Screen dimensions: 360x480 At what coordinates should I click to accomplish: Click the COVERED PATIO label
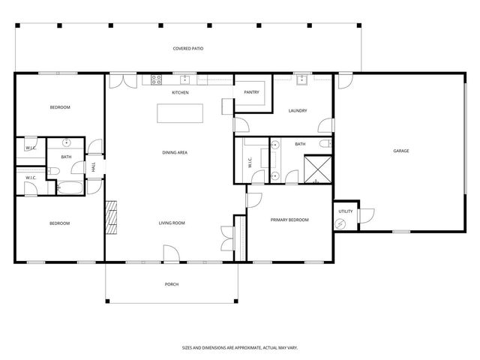[188, 49]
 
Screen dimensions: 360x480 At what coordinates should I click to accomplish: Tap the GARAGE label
[400, 151]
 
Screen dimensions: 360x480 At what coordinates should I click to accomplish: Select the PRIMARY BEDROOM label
[289, 220]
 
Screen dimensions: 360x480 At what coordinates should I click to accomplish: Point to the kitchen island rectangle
[180, 112]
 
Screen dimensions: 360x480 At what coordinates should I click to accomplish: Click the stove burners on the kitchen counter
[157, 79]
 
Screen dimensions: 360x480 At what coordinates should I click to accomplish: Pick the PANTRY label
[251, 92]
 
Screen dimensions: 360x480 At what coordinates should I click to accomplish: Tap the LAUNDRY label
[298, 111]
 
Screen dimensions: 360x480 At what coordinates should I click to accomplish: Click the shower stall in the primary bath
[316, 169]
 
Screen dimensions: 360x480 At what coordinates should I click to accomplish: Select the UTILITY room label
[345, 212]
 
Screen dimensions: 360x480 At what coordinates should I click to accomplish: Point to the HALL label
[94, 168]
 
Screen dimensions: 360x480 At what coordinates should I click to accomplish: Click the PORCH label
[171, 284]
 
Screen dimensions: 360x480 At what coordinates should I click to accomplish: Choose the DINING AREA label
[174, 152]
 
